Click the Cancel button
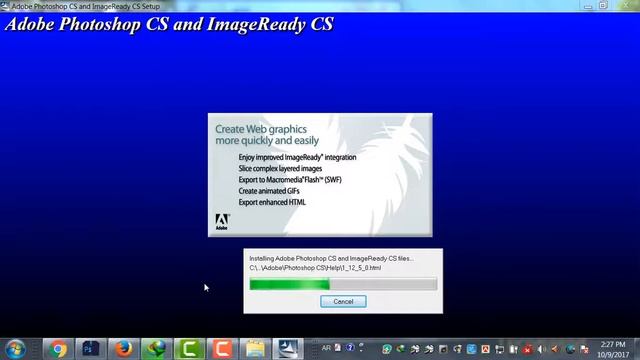[343, 301]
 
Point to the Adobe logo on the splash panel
[222, 221]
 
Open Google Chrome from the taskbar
[59, 349]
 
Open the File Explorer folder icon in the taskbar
[255, 349]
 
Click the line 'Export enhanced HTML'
[272, 202]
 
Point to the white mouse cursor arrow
[206, 288]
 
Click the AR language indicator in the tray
[327, 349]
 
